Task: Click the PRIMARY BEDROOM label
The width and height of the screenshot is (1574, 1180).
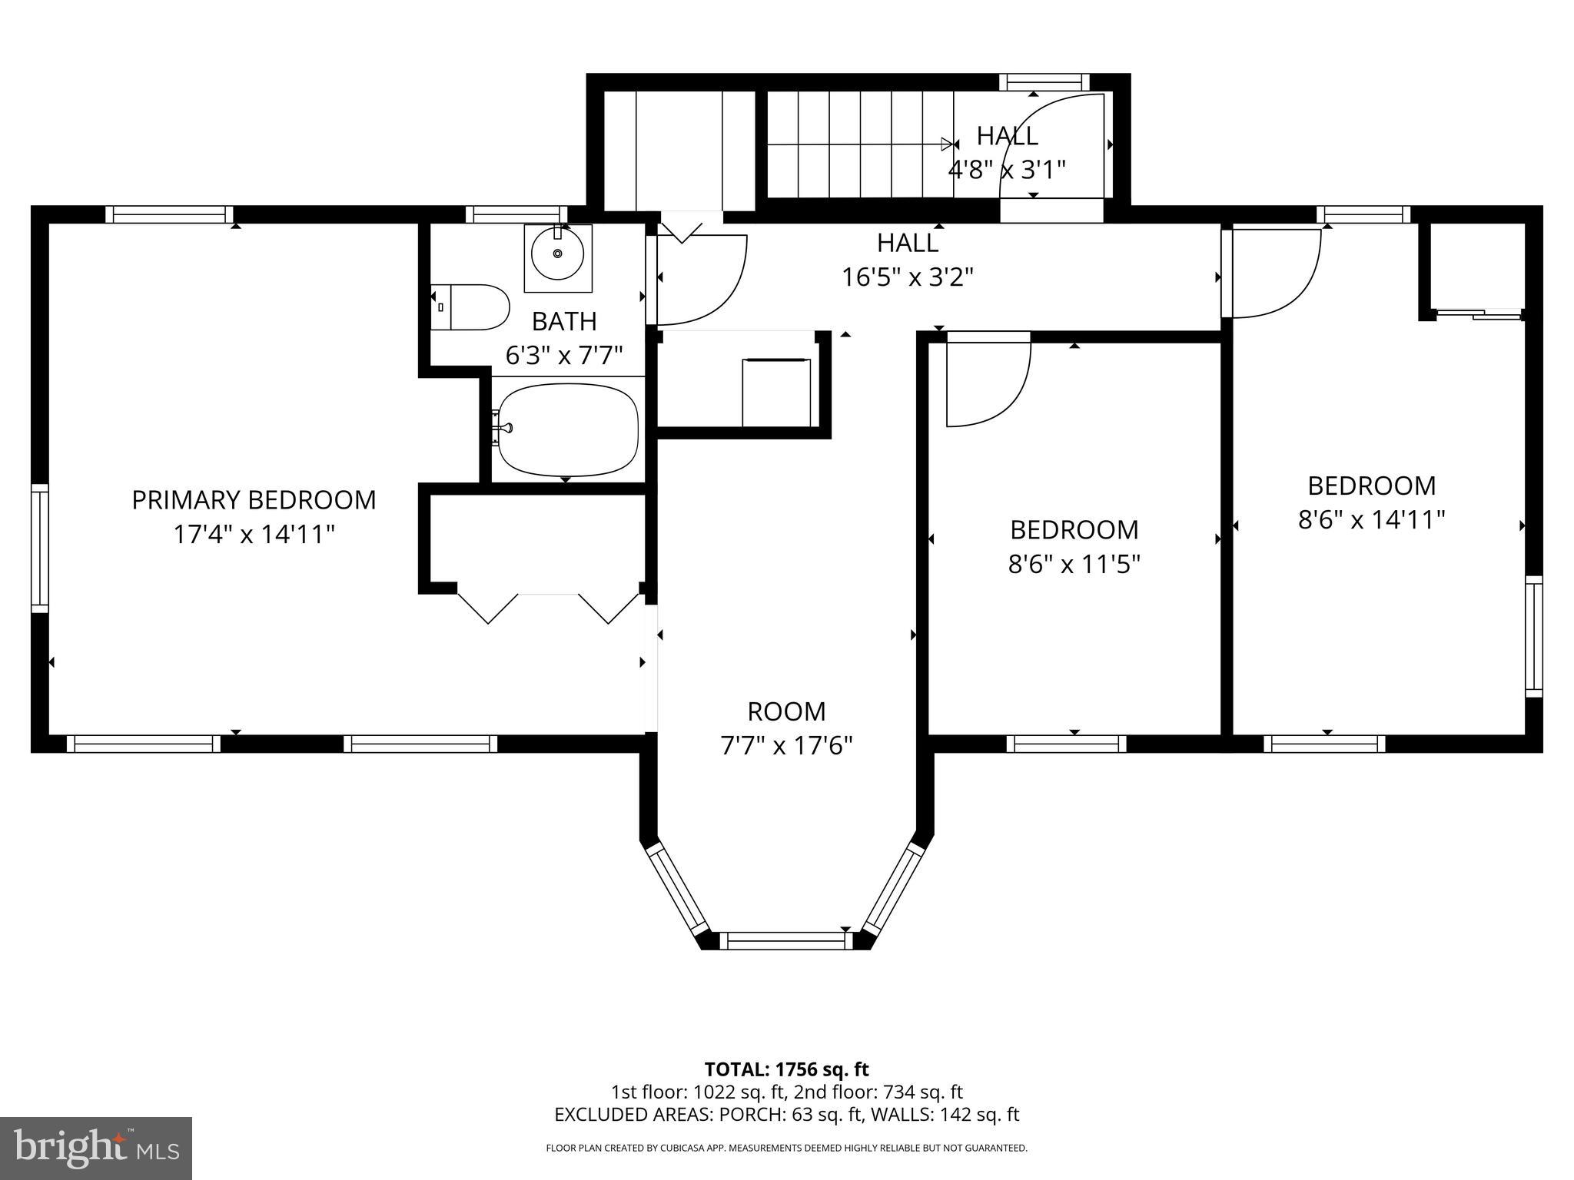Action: (254, 500)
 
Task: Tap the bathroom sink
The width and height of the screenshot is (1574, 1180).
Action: (558, 254)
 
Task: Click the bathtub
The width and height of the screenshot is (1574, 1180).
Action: (568, 430)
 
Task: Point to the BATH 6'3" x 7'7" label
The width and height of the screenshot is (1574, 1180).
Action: (563, 338)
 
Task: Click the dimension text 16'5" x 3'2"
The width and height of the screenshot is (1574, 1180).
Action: (907, 277)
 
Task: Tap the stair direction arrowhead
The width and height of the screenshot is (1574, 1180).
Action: (947, 144)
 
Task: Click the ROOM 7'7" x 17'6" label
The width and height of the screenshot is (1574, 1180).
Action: (786, 728)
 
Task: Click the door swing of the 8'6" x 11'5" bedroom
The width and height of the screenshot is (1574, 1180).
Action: (988, 384)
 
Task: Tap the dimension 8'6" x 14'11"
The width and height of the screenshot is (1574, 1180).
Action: (1371, 521)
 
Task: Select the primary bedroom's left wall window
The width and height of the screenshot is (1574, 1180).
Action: (40, 549)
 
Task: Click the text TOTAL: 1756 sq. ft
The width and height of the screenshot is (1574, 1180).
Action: (786, 1069)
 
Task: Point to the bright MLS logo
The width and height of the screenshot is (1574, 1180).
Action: (96, 1148)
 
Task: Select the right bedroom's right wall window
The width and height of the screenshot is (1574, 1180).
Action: (1533, 636)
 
